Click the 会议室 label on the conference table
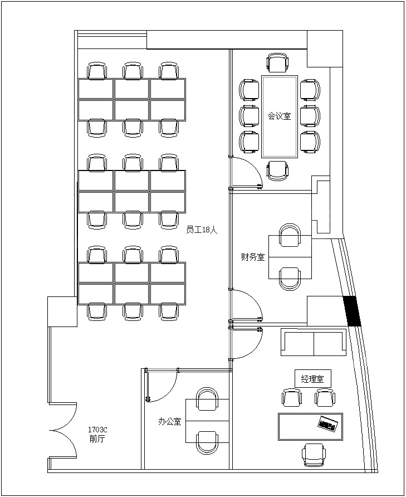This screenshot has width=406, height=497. coord(279,116)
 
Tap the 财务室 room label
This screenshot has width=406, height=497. coord(253,257)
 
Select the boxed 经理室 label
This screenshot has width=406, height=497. coord(312,378)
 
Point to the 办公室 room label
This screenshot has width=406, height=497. coord(169,421)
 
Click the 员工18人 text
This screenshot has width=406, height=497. coord(202,230)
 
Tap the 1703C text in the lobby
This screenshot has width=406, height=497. coord(97,430)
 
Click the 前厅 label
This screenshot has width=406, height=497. coord(97,439)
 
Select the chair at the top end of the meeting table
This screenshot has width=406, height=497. coord(278,63)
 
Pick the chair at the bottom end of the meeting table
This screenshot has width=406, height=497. coord(278,170)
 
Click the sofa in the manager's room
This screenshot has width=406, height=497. coord(314,342)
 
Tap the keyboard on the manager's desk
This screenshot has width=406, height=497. coord(329,423)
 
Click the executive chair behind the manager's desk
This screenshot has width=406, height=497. coord(314,455)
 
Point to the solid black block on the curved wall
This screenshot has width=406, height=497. coord(352,311)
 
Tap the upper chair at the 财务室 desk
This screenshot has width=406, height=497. coord(290,235)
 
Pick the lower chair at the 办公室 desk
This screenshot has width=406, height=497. coord(207,442)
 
